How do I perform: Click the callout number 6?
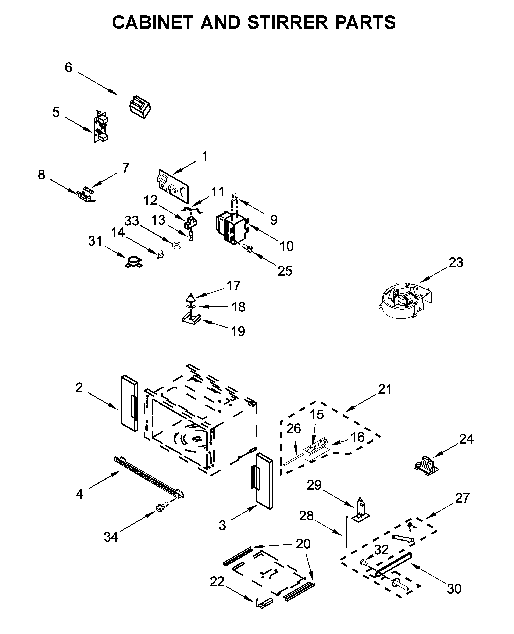(68, 68)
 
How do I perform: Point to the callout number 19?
(238, 331)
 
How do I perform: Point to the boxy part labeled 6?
(140, 107)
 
